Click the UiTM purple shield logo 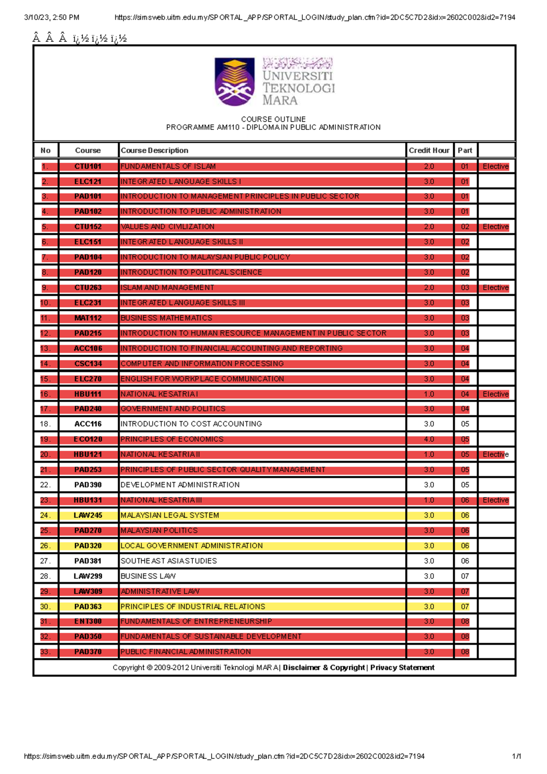pyautogui.click(x=234, y=82)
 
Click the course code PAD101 pyautogui.click(x=88, y=196)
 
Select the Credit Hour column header pyautogui.click(x=429, y=150)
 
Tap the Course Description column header pyautogui.click(x=155, y=150)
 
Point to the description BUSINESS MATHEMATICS pyautogui.click(x=166, y=318)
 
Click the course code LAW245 pyautogui.click(x=88, y=516)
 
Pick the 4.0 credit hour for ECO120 pyautogui.click(x=429, y=439)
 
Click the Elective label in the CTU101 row pyautogui.click(x=495, y=166)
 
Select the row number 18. pyautogui.click(x=45, y=424)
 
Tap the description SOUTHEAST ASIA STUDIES pyautogui.click(x=169, y=561)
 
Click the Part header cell pyautogui.click(x=465, y=150)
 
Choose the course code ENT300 pyautogui.click(x=88, y=621)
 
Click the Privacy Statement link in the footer pyautogui.click(x=402, y=667)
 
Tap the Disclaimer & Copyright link pyautogui.click(x=324, y=667)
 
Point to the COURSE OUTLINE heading pyautogui.click(x=273, y=119)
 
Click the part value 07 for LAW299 pyautogui.click(x=465, y=576)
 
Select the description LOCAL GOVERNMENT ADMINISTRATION pyautogui.click(x=191, y=546)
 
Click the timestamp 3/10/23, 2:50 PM pyautogui.click(x=52, y=17)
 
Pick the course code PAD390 pyautogui.click(x=88, y=485)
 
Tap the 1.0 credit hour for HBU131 pyautogui.click(x=429, y=500)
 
